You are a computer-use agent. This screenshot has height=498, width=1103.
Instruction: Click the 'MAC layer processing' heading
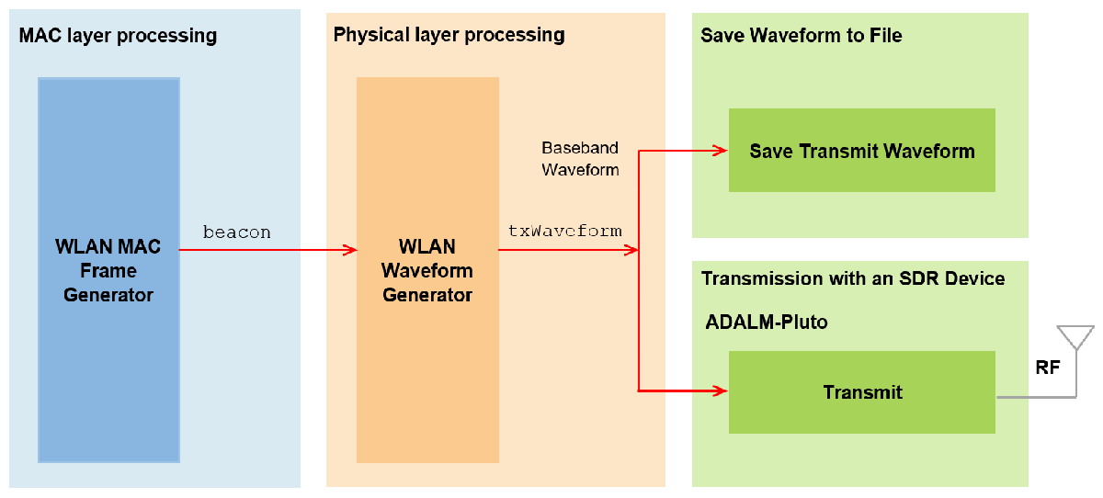118,36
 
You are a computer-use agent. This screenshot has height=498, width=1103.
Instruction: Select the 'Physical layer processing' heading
449,35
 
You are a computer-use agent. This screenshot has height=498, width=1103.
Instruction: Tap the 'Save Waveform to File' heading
802,36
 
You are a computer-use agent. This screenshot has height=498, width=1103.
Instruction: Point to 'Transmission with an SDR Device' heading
853,278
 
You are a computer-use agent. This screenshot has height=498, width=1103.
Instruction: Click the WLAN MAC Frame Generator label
108,271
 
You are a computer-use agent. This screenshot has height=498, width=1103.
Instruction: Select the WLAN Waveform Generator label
426,271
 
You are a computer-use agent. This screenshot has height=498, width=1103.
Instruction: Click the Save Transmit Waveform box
862,150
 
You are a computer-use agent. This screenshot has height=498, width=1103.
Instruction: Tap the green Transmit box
862,392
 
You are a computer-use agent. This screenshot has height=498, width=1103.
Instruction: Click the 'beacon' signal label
237,232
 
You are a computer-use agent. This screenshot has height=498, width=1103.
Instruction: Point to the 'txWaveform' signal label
564,231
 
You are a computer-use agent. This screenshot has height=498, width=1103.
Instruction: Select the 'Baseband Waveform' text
581,158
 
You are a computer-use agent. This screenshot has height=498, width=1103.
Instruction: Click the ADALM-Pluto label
767,323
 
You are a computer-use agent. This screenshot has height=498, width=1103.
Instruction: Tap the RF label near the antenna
1047,368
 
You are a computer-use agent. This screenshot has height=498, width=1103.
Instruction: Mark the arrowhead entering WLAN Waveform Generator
350,250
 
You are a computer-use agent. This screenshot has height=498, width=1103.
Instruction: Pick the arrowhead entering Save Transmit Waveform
721,151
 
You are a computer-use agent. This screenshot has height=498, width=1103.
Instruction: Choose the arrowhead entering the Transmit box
721,391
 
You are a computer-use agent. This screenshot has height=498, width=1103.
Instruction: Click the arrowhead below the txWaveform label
631,250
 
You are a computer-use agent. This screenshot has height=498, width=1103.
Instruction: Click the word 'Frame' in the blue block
108,271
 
